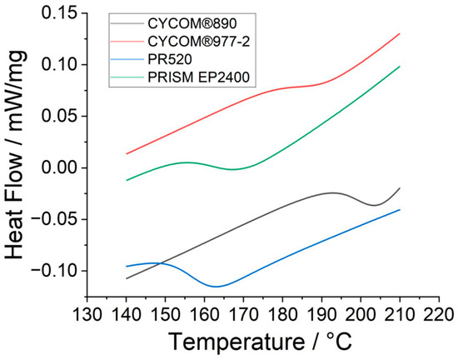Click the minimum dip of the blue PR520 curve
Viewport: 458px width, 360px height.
tap(217, 286)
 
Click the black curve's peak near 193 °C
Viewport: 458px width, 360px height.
tap(333, 192)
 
